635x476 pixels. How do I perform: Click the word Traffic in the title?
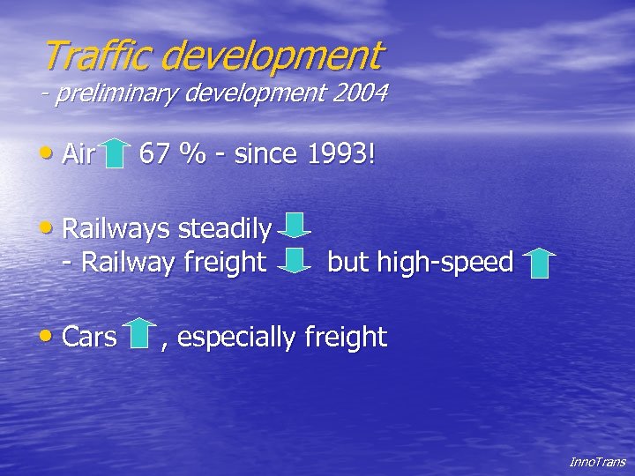99,56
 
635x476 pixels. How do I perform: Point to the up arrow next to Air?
116,153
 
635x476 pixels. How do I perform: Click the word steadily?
224,229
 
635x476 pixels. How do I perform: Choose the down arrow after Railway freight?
294,259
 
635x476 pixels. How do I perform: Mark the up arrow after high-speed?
538,263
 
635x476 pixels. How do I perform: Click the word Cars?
90,337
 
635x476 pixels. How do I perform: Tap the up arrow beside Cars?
139,333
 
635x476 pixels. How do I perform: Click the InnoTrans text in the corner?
597,462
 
